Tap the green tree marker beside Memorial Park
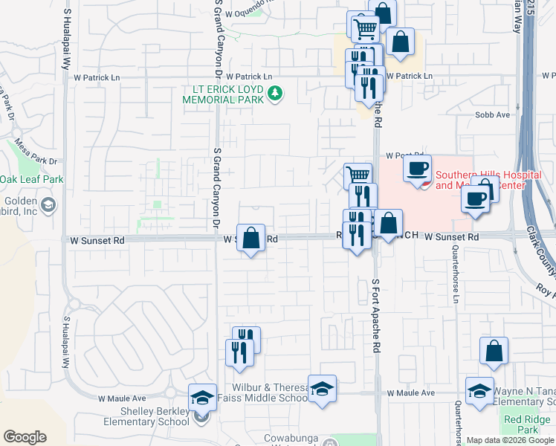(x=276, y=94)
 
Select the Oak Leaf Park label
(x=32, y=179)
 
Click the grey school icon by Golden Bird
(x=49, y=205)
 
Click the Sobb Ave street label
(x=493, y=114)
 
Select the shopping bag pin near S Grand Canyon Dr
(x=251, y=239)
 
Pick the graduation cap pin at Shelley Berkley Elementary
(x=202, y=398)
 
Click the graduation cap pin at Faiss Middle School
(x=322, y=389)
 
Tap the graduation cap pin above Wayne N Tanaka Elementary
(x=480, y=391)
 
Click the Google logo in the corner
(x=25, y=437)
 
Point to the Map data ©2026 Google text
(x=510, y=440)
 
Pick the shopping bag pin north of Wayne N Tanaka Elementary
(x=494, y=352)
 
